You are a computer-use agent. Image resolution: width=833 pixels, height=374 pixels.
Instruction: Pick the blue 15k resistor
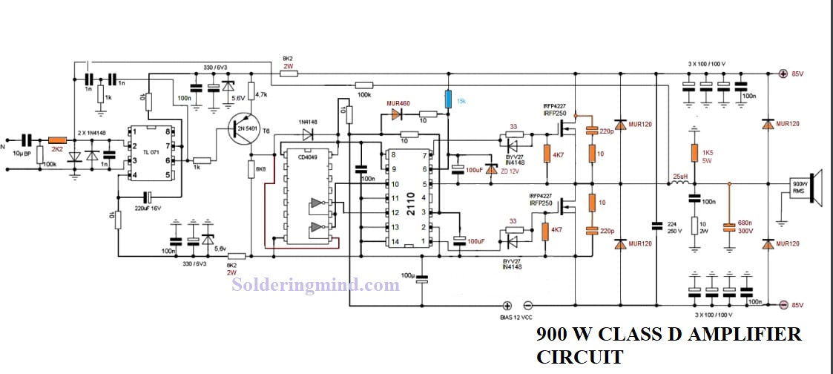click(x=448, y=99)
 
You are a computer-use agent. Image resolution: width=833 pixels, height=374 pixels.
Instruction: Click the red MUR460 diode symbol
click(x=394, y=116)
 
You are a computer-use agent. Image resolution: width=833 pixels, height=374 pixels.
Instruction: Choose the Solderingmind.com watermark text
click(x=316, y=283)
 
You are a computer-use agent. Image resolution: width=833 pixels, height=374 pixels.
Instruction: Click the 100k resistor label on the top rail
click(x=363, y=95)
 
